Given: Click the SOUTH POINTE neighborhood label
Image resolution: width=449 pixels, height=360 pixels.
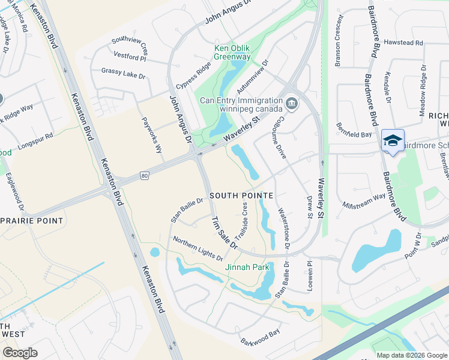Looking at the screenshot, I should pyautogui.click(x=241, y=196).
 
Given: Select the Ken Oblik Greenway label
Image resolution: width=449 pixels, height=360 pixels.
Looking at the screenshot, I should pyautogui.click(x=233, y=53).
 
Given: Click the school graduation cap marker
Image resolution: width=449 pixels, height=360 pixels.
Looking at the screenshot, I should pyautogui.click(x=393, y=140).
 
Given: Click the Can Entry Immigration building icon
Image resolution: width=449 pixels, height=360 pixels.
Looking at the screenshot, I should pyautogui.click(x=291, y=104).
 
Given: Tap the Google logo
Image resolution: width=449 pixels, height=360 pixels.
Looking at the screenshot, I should pyautogui.click(x=20, y=353).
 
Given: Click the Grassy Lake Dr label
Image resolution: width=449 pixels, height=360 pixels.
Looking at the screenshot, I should pyautogui.click(x=124, y=74).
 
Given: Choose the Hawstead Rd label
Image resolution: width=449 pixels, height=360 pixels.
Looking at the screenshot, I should pyautogui.click(x=403, y=43).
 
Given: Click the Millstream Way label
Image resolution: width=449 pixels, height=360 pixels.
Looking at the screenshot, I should pyautogui.click(x=364, y=200).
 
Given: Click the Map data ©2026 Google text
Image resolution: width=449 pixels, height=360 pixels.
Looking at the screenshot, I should pyautogui.click(x=411, y=355).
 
